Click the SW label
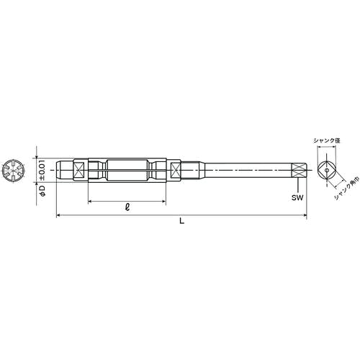coord(296,195)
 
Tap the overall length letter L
coord(181,222)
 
